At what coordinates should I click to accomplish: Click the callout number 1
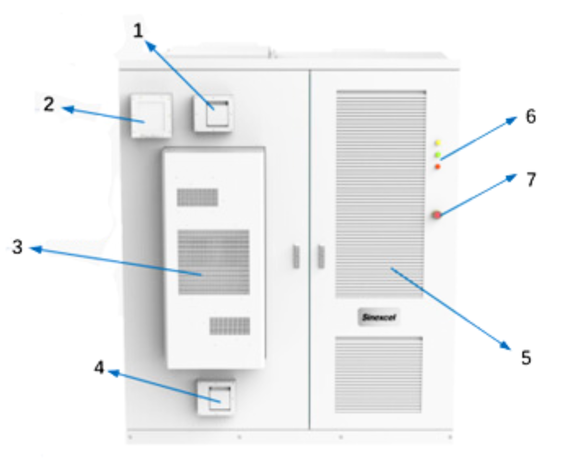(138, 31)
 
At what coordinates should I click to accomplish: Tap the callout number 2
(49, 104)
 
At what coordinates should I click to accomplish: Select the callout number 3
(17, 247)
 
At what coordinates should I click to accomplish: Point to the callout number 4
(99, 368)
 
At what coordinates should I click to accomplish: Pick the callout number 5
(526, 358)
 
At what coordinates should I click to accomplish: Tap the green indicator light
(438, 155)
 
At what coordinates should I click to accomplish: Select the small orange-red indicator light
(438, 167)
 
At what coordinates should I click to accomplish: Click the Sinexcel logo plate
(379, 317)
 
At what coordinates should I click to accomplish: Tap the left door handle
(296, 257)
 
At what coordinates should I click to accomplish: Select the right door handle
(321, 257)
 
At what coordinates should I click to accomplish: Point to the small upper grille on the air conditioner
(197, 197)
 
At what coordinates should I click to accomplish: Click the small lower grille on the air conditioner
(230, 326)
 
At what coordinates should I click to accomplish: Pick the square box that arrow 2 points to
(151, 116)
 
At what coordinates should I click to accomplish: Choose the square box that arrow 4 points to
(216, 398)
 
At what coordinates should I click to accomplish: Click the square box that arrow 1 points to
(213, 113)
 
